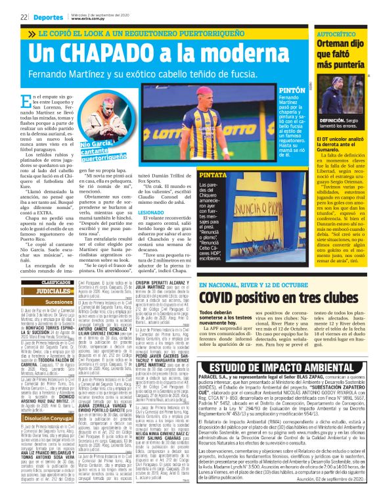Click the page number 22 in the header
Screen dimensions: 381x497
24,17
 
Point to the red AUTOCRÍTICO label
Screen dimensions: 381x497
338,33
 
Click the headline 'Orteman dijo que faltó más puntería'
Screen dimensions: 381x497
342,55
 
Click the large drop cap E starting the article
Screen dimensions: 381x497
27,103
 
